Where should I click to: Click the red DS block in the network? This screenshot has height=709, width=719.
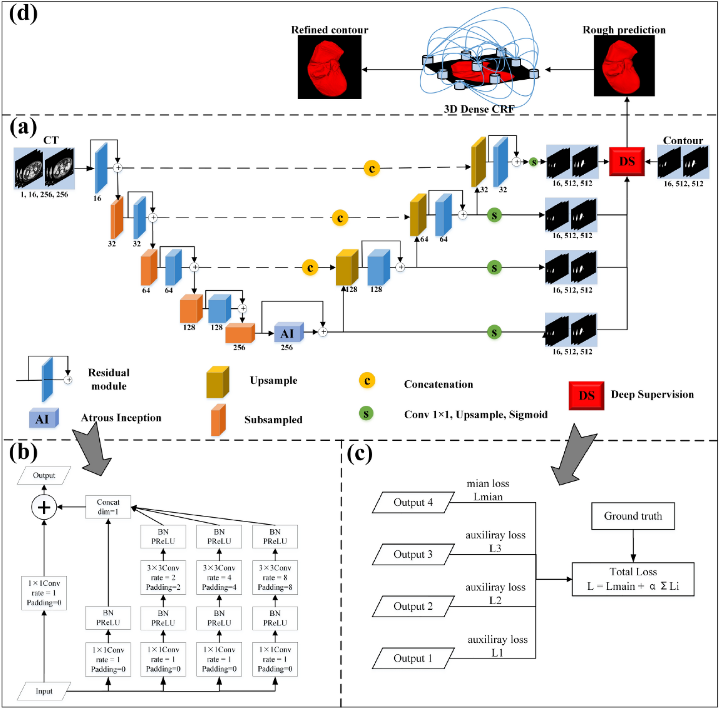click(627, 161)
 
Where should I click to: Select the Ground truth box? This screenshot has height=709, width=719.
click(633, 516)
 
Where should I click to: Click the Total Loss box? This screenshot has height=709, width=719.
click(633, 579)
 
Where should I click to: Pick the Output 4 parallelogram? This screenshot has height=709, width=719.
click(413, 503)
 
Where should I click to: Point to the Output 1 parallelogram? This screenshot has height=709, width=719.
click(413, 658)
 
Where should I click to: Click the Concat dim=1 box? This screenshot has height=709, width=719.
click(108, 506)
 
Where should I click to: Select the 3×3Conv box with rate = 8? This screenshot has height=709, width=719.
click(275, 577)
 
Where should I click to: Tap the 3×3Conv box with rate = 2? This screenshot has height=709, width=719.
click(163, 577)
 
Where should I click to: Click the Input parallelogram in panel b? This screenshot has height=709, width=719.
click(44, 691)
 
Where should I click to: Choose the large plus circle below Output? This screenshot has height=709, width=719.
click(44, 507)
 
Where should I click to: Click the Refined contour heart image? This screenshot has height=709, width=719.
click(329, 68)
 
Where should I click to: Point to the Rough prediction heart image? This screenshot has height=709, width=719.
click(624, 66)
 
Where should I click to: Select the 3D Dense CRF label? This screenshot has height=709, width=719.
click(479, 109)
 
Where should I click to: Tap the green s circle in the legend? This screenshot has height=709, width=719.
click(366, 414)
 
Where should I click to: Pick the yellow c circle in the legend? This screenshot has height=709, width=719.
click(367, 381)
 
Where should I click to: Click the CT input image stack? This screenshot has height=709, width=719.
click(44, 168)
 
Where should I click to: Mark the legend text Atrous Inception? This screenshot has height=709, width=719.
click(121, 418)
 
